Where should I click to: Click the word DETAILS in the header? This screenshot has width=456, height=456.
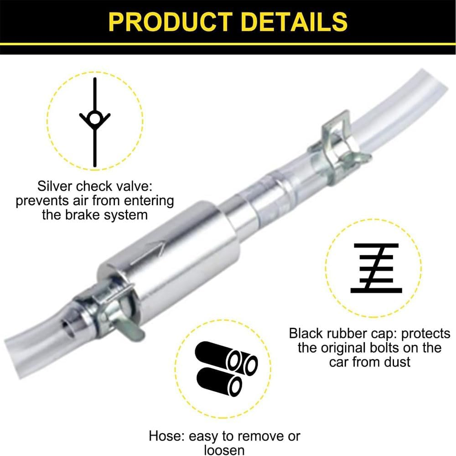coord(292,21)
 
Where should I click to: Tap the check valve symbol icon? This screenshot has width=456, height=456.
coord(95,120)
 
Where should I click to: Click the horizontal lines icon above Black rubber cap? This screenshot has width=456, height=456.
coord(376,268)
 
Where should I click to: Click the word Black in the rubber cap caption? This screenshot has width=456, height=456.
coord(307,334)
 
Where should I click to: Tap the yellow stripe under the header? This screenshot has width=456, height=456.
coord(228,44)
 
